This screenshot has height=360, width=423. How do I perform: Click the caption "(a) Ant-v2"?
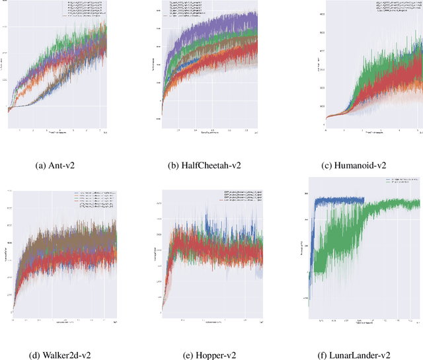coord(59,165)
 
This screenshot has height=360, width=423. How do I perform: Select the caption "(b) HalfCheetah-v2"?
coord(208,165)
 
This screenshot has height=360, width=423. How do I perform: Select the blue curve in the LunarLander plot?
coord(337,200)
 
